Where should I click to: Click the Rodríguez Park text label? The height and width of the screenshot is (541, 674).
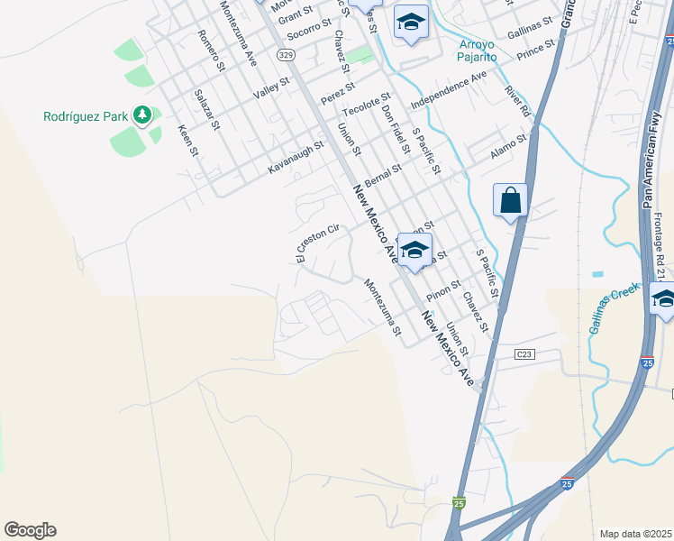click(x=86, y=116)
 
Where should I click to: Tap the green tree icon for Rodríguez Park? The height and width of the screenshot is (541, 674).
click(x=141, y=115)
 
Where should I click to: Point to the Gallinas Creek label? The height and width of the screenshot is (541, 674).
click(x=615, y=307)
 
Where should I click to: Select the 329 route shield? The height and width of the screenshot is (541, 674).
click(x=286, y=56)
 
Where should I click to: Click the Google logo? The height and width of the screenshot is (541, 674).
click(x=30, y=530)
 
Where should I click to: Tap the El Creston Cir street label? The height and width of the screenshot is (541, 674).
click(x=317, y=244)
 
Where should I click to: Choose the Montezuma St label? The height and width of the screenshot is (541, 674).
click(x=382, y=307)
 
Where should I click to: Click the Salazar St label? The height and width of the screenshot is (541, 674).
click(x=206, y=109)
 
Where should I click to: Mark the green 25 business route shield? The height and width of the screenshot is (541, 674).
click(x=459, y=503)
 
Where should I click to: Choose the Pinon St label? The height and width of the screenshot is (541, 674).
click(x=443, y=289)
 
